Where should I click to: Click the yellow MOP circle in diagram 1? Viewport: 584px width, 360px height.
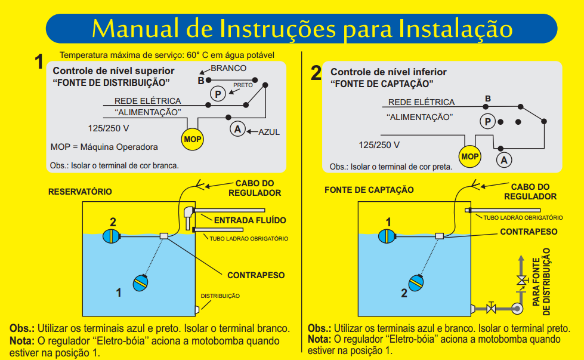[193, 139]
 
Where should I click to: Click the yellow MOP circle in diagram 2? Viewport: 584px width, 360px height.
[470, 156]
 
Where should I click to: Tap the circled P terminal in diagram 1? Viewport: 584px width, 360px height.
[218, 94]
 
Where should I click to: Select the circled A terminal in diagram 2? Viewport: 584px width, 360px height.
[504, 160]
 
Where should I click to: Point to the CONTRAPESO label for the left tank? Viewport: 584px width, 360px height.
[256, 275]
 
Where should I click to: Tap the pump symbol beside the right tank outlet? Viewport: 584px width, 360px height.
[517, 308]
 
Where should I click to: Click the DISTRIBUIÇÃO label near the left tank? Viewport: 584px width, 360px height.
[220, 296]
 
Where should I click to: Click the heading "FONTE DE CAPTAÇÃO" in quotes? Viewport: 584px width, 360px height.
[382, 84]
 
